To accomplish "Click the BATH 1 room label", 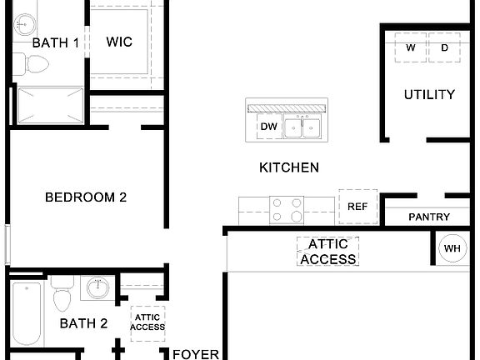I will point(56,42).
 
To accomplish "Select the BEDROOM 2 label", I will point(86,197).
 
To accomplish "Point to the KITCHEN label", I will point(289,167).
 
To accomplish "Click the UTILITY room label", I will point(429,95).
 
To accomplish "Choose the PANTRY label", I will point(429,217).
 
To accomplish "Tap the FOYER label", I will point(196,354).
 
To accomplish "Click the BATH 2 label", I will point(83,323).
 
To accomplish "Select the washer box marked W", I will point(411,47).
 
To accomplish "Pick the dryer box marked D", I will point(444,47).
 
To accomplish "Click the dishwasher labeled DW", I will point(268,127).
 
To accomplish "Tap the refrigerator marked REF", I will point(357,207).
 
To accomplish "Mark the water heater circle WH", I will point(452,248).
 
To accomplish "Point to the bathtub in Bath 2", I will point(27,315).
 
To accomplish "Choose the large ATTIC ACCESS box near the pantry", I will point(328,252).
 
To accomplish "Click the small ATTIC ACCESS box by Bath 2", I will point(148,322).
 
